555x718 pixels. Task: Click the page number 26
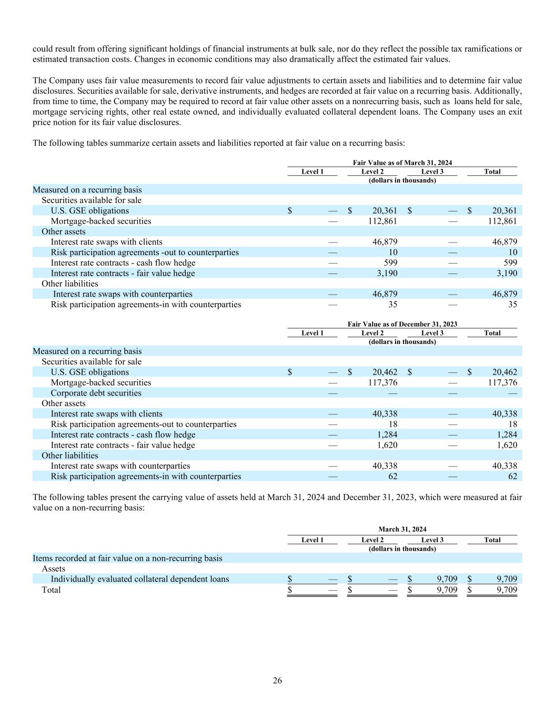click(277, 681)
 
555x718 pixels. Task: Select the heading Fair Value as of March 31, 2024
click(402, 163)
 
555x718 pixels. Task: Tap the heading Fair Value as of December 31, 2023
click(402, 325)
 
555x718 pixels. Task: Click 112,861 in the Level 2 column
click(382, 221)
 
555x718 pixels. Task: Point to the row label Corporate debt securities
click(96, 393)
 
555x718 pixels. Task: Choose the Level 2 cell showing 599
click(390, 263)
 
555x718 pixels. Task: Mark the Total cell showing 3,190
click(506, 274)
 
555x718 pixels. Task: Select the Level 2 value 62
click(392, 477)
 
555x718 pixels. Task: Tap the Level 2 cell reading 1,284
click(387, 435)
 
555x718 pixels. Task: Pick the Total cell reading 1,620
click(506, 446)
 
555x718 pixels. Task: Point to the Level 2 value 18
click(392, 424)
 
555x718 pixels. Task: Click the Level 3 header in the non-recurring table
click(432, 540)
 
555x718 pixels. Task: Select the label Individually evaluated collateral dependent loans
click(139, 579)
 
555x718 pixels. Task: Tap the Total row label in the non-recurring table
click(51, 590)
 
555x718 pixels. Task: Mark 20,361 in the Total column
click(502, 211)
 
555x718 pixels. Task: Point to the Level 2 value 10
click(392, 252)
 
